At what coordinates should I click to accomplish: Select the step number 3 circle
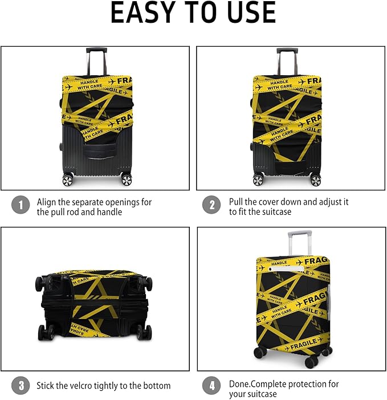21,386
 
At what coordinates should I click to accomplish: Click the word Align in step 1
47,202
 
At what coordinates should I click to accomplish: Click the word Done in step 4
239,383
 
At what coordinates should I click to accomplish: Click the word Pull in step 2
236,202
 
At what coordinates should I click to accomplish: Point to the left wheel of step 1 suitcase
68,180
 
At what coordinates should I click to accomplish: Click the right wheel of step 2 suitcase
315,180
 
